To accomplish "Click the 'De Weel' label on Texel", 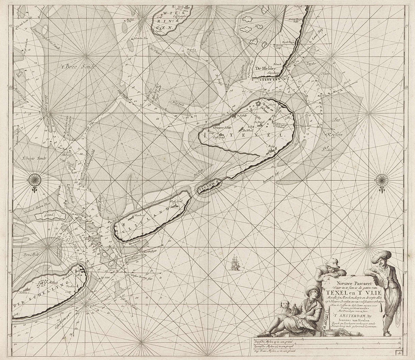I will point(248,130).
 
